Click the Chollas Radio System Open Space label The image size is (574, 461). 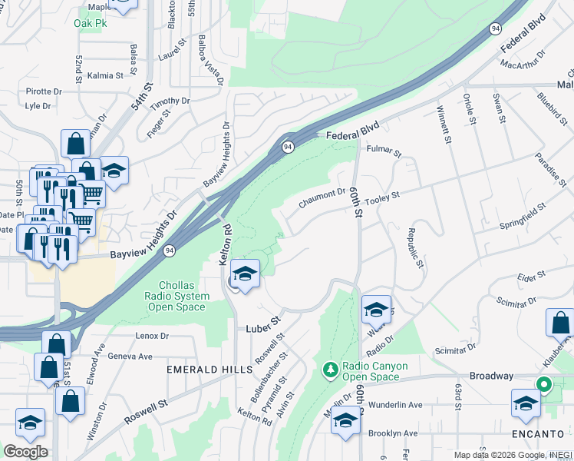(x=176, y=297)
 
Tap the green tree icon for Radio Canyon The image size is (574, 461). (x=331, y=370)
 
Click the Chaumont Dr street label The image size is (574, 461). (x=322, y=198)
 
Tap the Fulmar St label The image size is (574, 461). (x=384, y=151)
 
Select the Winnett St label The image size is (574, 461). (x=444, y=125)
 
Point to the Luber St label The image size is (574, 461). (x=264, y=328)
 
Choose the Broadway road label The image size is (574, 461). (x=491, y=376)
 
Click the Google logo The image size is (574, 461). (x=25, y=452)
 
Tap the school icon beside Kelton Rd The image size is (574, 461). (x=244, y=274)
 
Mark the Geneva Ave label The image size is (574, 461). (x=130, y=357)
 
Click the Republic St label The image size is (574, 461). (x=414, y=248)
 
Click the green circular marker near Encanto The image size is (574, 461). (x=544, y=385)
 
